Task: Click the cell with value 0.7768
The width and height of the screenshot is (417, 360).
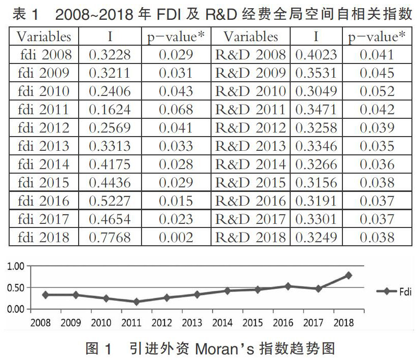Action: (110, 237)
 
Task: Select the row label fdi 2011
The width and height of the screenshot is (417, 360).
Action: (44, 109)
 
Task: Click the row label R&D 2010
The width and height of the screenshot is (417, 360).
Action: (251, 91)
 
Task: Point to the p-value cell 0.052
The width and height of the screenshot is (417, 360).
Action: (377, 91)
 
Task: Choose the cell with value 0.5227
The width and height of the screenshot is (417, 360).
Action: (110, 201)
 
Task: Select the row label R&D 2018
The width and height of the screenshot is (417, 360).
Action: (251, 237)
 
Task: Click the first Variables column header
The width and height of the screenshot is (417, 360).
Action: (44, 37)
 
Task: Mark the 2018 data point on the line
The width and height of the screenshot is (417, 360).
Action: (349, 275)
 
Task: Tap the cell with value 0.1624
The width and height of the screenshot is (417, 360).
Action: (110, 109)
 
